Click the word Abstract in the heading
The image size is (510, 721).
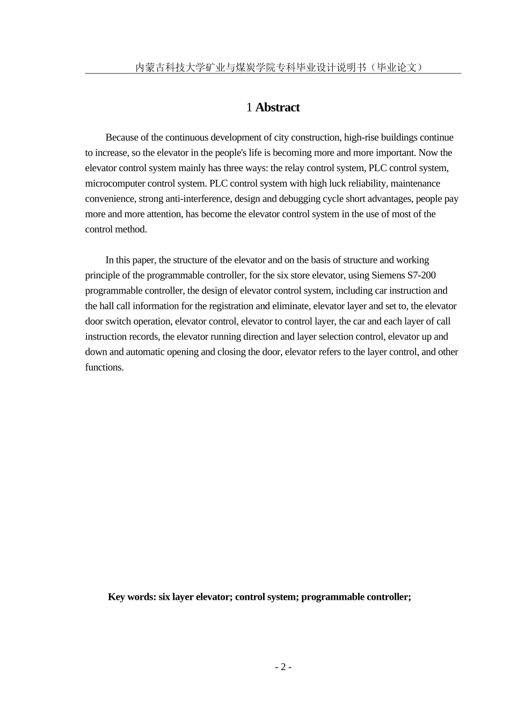tap(278, 107)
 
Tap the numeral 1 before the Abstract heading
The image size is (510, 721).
tap(249, 107)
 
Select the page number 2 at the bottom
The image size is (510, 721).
tap(283, 667)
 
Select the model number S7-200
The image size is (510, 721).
tap(422, 276)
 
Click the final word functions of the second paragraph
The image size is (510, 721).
tap(104, 367)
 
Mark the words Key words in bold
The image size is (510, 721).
tap(132, 597)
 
